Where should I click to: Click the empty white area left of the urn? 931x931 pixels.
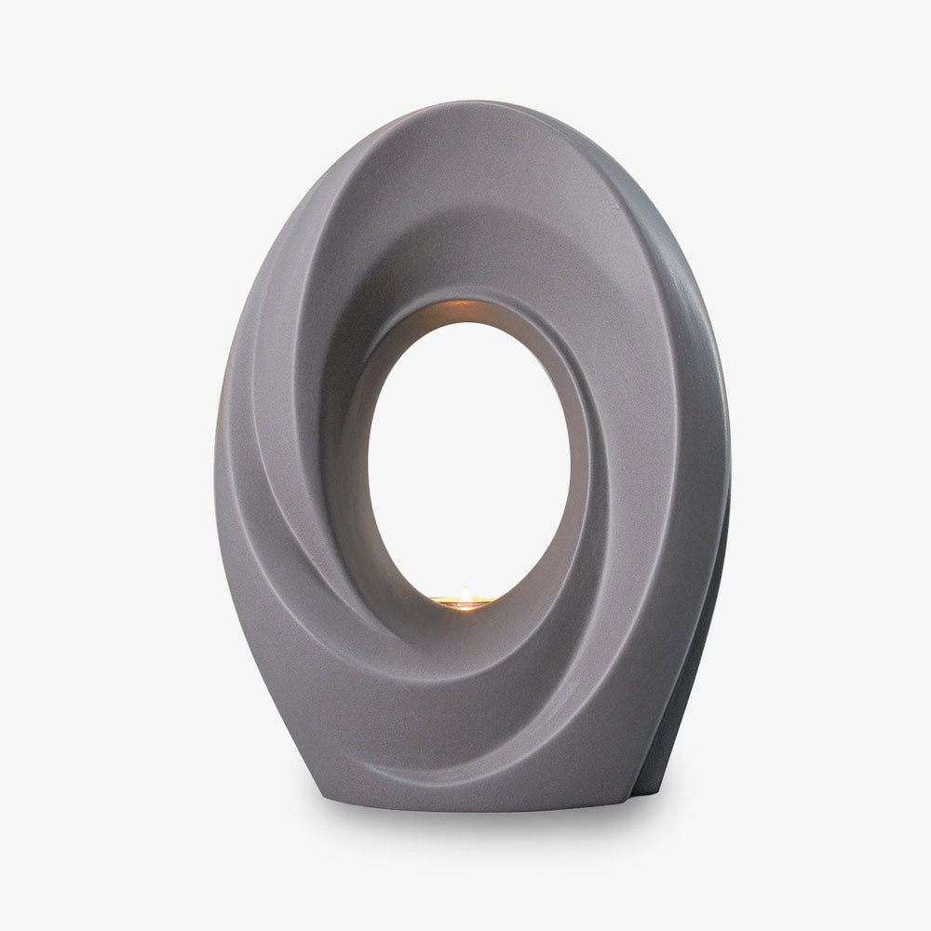(102, 465)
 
